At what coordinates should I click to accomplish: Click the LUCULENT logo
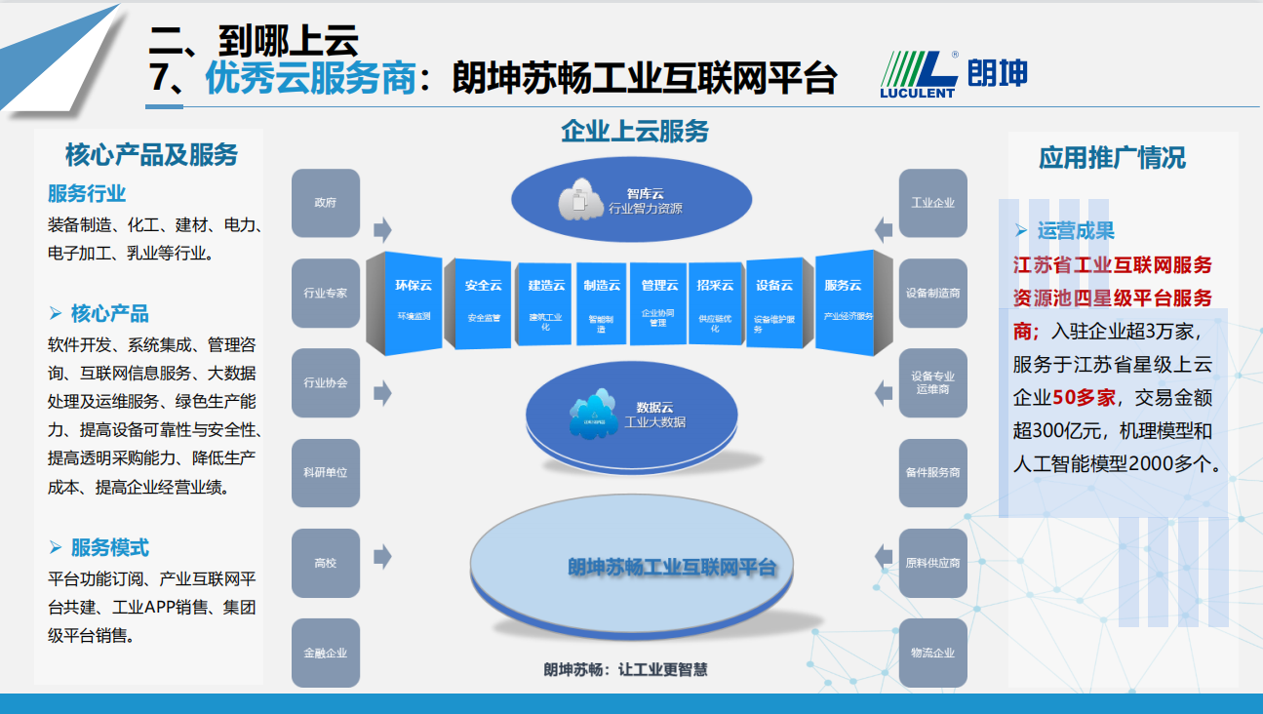(954, 74)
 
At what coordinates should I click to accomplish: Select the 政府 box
(326, 203)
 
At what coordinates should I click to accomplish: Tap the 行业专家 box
(326, 293)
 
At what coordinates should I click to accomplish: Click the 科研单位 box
(326, 473)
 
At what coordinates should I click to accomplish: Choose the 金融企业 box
(326, 654)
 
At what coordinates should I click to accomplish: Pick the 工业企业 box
(933, 203)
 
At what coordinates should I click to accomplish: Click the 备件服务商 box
(933, 473)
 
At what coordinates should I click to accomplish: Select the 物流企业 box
(933, 654)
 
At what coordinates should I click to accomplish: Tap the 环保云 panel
(414, 300)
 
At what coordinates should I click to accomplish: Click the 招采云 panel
(715, 300)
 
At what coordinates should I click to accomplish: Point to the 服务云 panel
(844, 300)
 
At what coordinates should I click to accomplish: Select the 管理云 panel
(659, 300)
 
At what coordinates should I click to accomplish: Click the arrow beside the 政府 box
(382, 229)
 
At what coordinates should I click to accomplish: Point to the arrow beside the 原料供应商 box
(884, 556)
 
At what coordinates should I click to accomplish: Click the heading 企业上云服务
(635, 131)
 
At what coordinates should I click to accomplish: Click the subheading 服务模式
(109, 548)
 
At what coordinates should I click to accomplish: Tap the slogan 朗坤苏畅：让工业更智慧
(625, 670)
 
